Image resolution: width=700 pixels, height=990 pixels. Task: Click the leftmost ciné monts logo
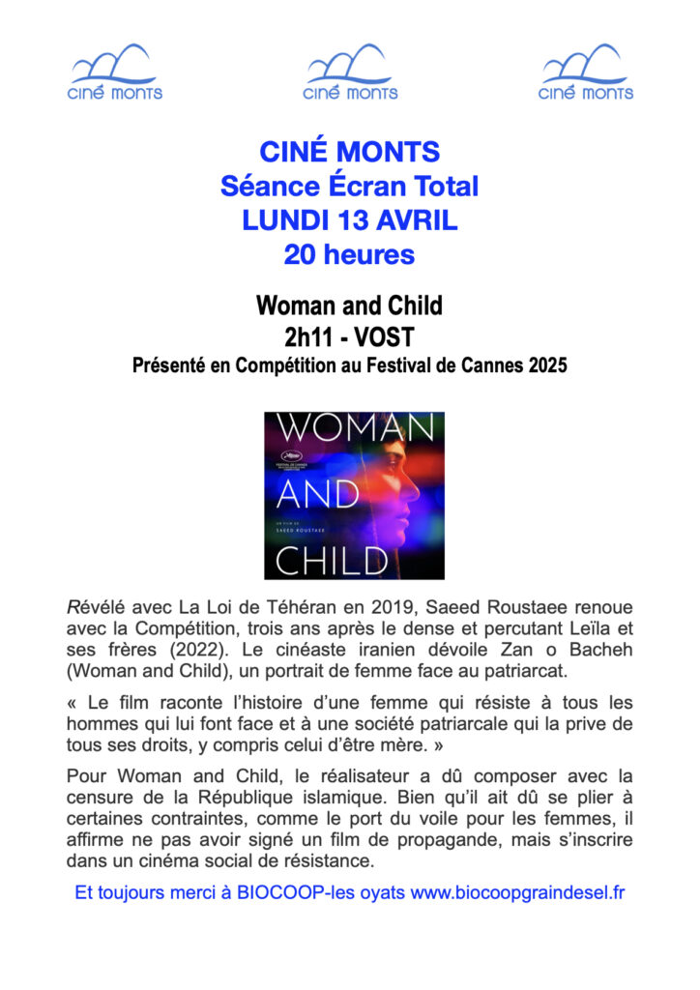pyautogui.click(x=114, y=73)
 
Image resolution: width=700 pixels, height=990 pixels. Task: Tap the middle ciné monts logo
pyautogui.click(x=350, y=73)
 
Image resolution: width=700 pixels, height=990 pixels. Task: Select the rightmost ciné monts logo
pyautogui.click(x=585, y=73)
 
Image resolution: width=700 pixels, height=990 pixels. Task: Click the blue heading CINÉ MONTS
pyautogui.click(x=349, y=152)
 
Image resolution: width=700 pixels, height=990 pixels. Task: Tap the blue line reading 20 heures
pyautogui.click(x=349, y=255)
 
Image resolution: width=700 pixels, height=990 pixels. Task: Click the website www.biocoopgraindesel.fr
pyautogui.click(x=517, y=892)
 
